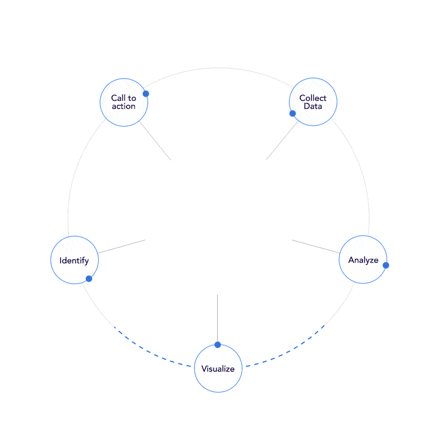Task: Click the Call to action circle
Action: coord(124,102)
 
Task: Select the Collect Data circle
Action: coord(313,102)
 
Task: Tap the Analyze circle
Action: coord(363,260)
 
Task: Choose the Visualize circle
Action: coord(218,368)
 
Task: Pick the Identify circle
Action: coord(75,260)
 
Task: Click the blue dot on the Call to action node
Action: coord(146,94)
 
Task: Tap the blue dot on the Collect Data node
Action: coord(292,113)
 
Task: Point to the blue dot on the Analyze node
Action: coord(386,265)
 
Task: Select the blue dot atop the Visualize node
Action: coord(217,344)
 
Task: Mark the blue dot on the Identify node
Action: coord(89,279)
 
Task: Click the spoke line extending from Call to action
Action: coord(155,141)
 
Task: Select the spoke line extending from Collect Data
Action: coord(282,142)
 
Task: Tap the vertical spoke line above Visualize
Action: coord(217,319)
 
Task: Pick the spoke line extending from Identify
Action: coord(122,247)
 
